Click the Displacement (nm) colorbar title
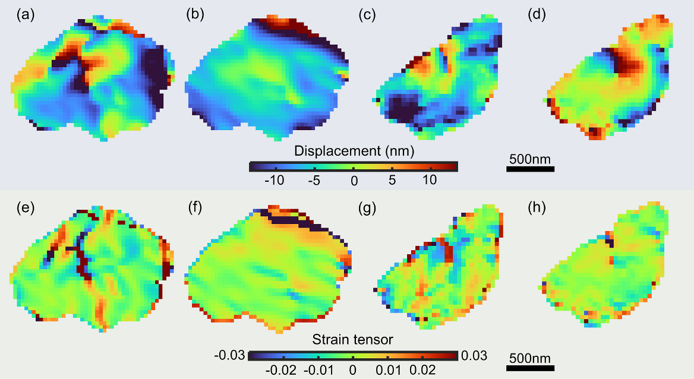(x=354, y=151)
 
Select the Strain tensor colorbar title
(x=353, y=340)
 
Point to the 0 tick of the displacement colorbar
(x=354, y=179)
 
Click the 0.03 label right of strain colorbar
(x=474, y=356)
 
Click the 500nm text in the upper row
(x=530, y=159)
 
